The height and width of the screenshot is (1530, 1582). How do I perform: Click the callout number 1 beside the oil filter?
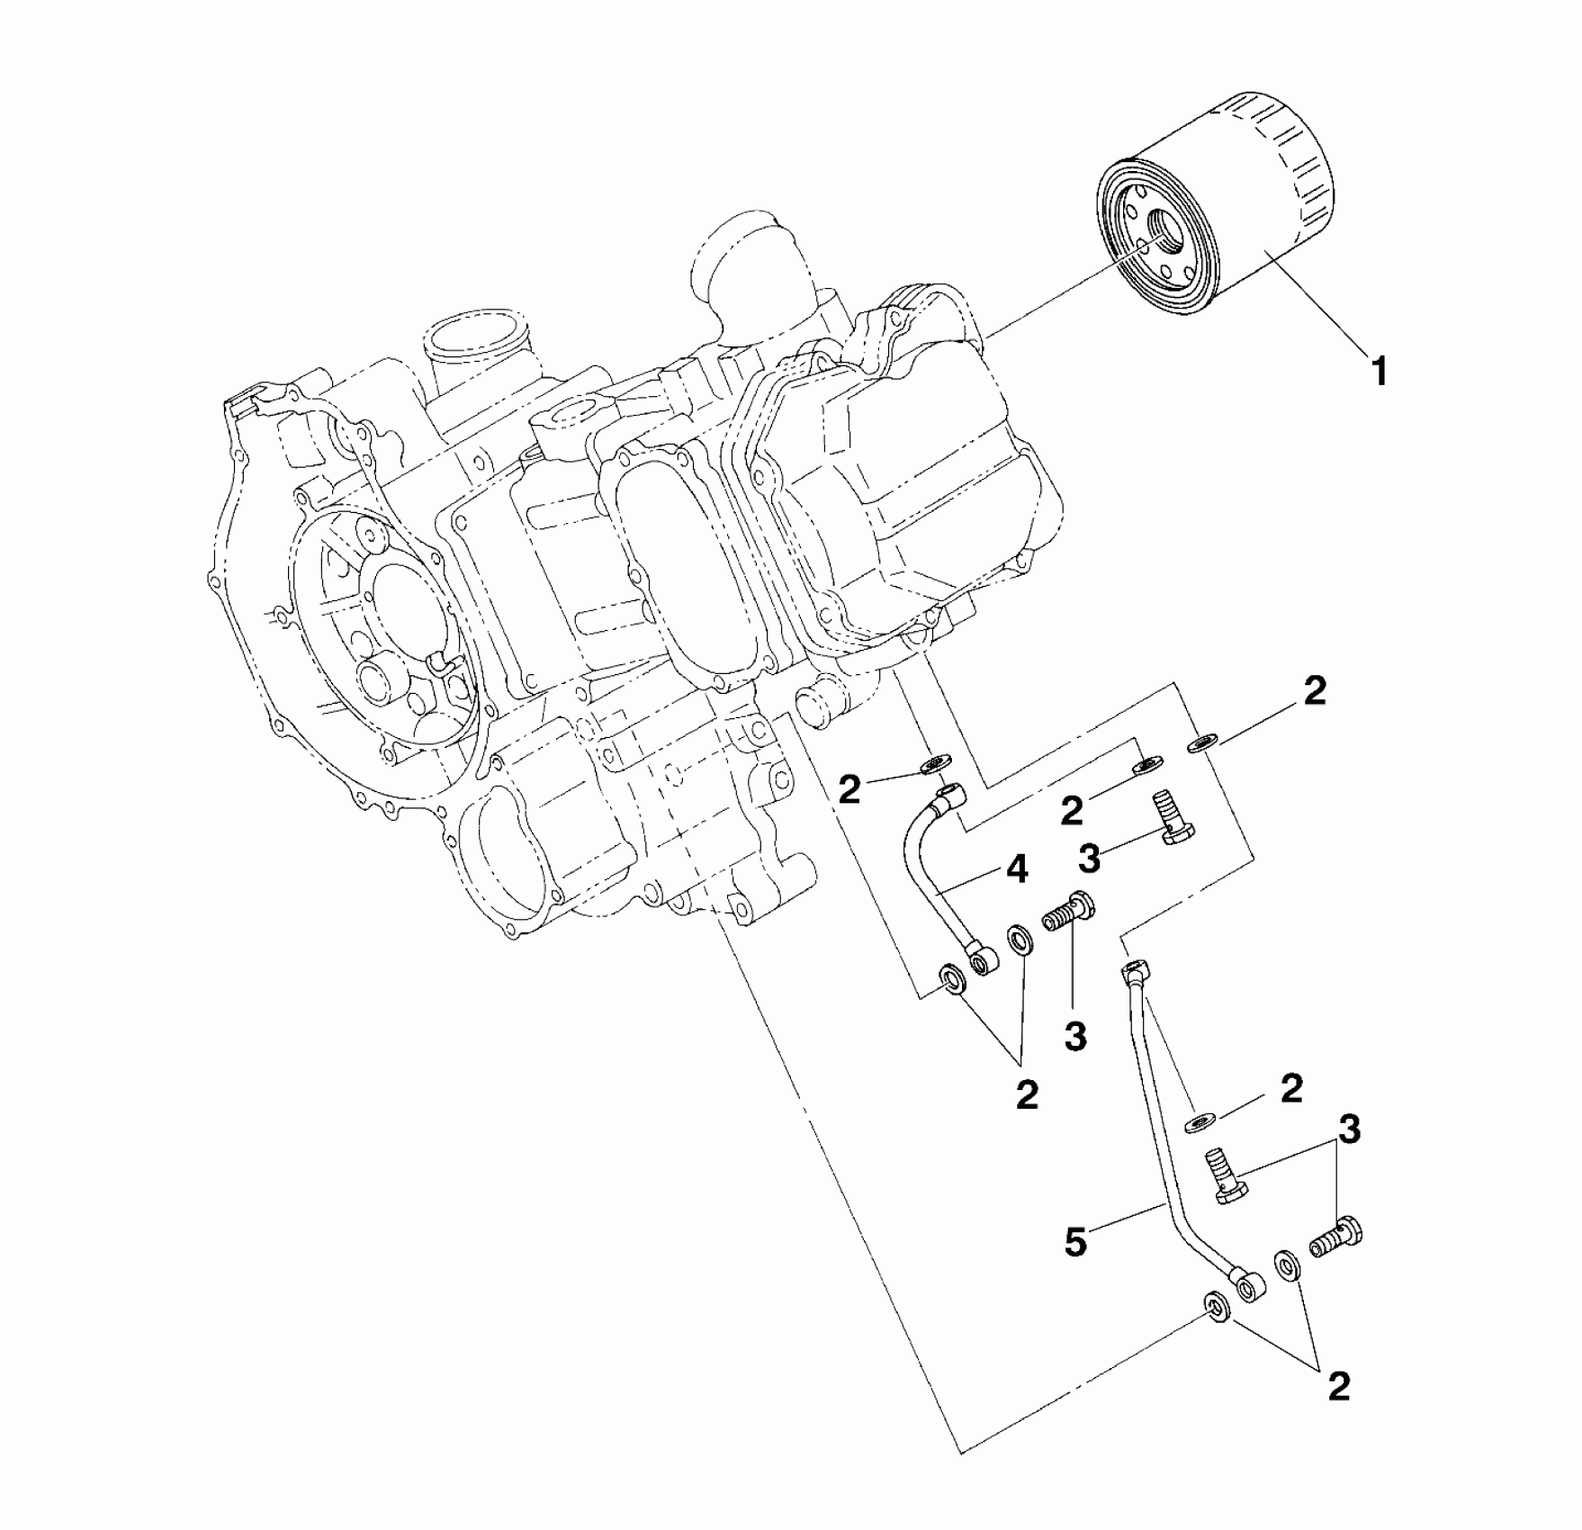point(1379,370)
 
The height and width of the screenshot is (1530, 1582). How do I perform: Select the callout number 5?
point(1076,1242)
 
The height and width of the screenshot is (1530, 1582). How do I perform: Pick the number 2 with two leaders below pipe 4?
point(1026,1094)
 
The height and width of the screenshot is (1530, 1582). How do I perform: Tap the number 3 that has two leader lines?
point(1347,1127)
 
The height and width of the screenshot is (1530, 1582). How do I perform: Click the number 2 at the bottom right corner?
point(1338,1387)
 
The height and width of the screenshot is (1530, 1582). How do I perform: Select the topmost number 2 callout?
point(1315,691)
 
